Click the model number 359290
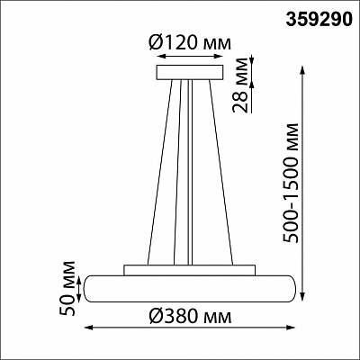click(x=319, y=21)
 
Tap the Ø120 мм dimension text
click(x=190, y=43)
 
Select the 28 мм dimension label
click(x=241, y=85)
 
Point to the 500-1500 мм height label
click(x=291, y=183)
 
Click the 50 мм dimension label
click(x=67, y=288)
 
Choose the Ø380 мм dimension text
click(x=190, y=317)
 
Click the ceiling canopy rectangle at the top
click(x=190, y=72)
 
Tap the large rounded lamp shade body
click(x=190, y=288)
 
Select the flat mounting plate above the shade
click(x=189, y=270)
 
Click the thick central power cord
click(x=190, y=172)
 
